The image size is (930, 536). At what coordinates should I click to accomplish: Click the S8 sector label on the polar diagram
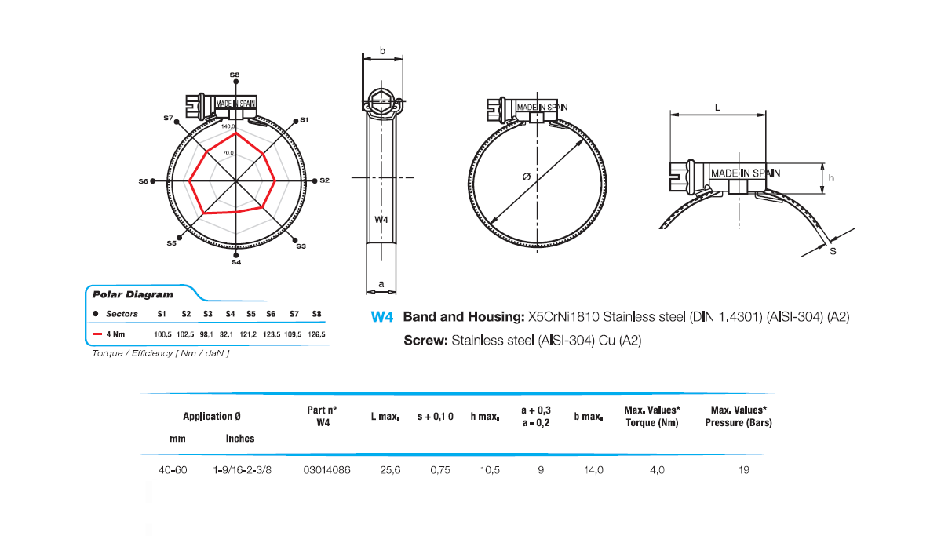click(235, 74)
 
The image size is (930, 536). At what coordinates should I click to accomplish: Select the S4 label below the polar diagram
click(235, 262)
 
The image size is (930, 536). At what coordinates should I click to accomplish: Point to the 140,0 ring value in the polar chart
click(228, 126)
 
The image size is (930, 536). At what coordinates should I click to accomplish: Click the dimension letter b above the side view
click(382, 51)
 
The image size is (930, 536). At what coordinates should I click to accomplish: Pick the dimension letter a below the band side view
click(381, 283)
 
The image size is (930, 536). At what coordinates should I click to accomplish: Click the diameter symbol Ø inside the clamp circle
click(526, 177)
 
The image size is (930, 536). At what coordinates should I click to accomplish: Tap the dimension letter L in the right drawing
click(717, 108)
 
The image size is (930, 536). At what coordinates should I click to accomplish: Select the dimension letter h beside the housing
click(831, 178)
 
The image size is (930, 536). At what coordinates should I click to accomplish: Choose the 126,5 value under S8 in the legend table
click(317, 334)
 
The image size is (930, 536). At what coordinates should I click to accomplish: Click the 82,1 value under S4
click(229, 334)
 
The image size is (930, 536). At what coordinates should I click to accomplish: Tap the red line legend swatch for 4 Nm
click(98, 334)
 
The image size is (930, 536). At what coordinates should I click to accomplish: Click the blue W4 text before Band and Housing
click(381, 318)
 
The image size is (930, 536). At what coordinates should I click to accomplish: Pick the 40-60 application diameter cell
click(173, 470)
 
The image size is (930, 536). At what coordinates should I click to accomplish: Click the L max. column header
click(385, 416)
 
